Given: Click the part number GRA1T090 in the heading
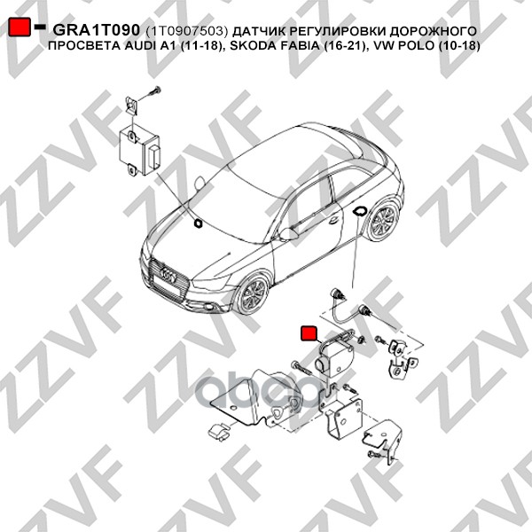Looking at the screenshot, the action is (97, 30).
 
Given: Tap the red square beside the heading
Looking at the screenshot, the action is (19, 27).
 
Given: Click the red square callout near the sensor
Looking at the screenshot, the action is (309, 332).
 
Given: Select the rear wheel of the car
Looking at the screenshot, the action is (383, 220).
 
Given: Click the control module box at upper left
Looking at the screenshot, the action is (139, 151).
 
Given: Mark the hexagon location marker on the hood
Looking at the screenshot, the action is (197, 223).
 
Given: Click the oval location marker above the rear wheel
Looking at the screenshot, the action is (359, 211).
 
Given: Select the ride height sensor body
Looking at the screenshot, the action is (334, 359).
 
